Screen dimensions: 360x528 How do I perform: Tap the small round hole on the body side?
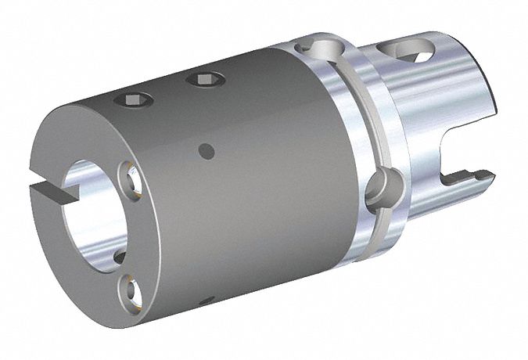click(x=206, y=148)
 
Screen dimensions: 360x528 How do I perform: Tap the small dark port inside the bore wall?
click(x=117, y=257)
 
